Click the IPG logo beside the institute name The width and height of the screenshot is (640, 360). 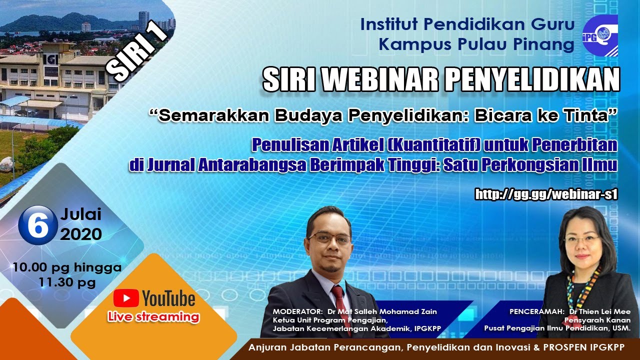[600, 35]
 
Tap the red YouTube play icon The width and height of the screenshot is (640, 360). [126, 298]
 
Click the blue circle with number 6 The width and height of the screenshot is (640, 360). [37, 225]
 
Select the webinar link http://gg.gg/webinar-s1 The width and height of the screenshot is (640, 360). [546, 194]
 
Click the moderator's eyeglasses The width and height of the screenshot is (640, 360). [329, 238]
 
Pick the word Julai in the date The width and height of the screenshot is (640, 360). [80, 215]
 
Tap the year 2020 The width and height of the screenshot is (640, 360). [81, 234]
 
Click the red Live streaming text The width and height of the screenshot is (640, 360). [153, 317]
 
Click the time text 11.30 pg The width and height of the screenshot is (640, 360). [67, 283]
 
